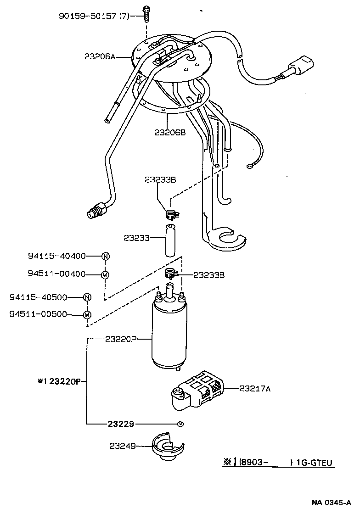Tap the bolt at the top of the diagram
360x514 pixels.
tap(146, 14)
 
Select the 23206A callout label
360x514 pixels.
tap(100, 57)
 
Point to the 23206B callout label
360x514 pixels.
tap(169, 133)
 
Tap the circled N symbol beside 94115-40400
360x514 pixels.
tap(105, 256)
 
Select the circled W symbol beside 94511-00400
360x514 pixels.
tap(105, 274)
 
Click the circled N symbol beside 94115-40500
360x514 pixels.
tap(87, 297)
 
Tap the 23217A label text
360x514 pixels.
tap(255, 389)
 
